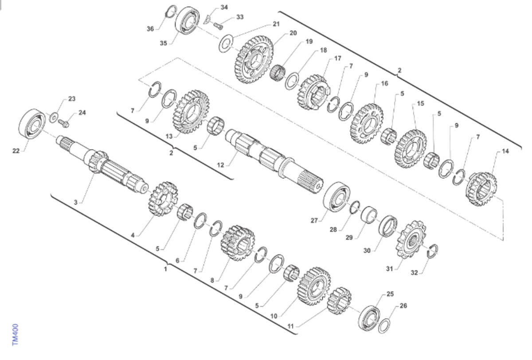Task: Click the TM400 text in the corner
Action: (x=15, y=335)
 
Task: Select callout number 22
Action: (x=16, y=151)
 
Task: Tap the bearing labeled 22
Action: (x=32, y=124)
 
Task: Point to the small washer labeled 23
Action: (x=54, y=118)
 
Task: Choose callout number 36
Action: (x=150, y=29)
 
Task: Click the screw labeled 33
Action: (x=218, y=26)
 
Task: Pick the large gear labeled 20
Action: (x=254, y=59)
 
